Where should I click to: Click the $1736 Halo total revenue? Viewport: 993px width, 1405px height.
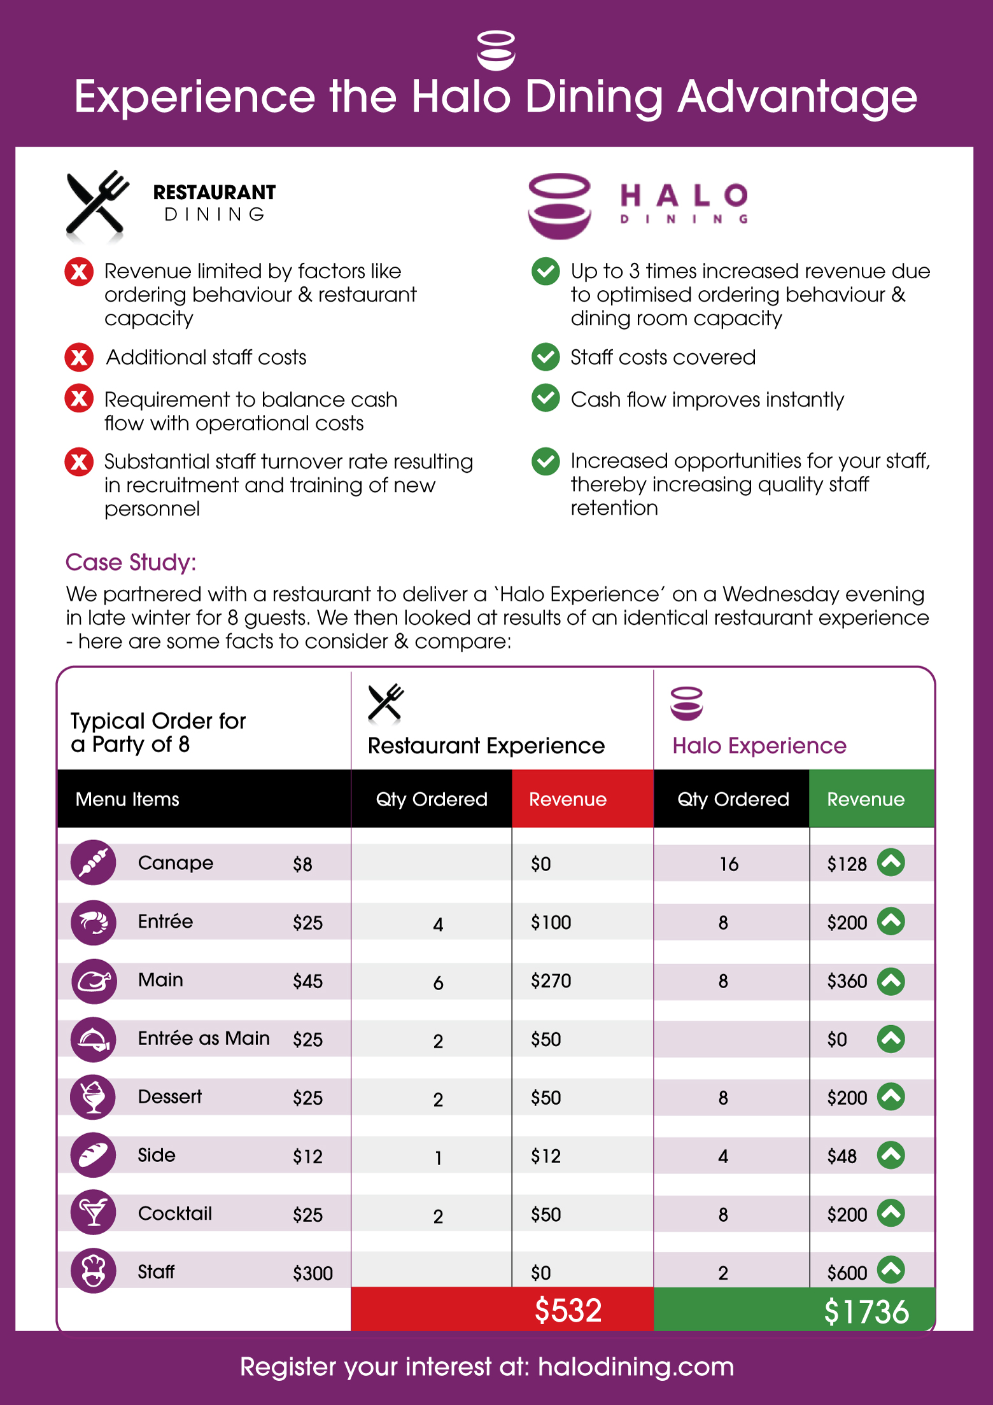pyautogui.click(x=866, y=1311)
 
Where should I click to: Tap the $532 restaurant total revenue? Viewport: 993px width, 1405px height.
pyautogui.click(x=568, y=1310)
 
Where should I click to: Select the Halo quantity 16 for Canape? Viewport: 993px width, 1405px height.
pyautogui.click(x=729, y=863)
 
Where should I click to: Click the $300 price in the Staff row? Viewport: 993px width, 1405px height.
pyautogui.click(x=313, y=1273)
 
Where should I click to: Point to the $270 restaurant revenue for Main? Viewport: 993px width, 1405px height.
pyautogui.click(x=551, y=981)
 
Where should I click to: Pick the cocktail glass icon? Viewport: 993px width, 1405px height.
pyautogui.click(x=94, y=1213)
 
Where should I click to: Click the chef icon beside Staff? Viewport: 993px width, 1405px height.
pyautogui.click(x=94, y=1271)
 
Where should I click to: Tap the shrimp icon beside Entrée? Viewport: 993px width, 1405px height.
pyautogui.click(x=94, y=922)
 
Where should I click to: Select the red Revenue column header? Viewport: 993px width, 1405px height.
pyautogui.click(x=568, y=799)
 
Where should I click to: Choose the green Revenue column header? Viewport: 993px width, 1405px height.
pyautogui.click(x=866, y=799)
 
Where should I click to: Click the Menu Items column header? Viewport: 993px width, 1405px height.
pyautogui.click(x=127, y=799)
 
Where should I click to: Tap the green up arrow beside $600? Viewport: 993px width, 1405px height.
pyautogui.click(x=891, y=1270)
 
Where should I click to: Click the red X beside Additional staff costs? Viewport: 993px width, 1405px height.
pyautogui.click(x=79, y=357)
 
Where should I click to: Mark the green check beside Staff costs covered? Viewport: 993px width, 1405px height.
pyautogui.click(x=546, y=357)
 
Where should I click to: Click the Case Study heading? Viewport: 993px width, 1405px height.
pyautogui.click(x=131, y=563)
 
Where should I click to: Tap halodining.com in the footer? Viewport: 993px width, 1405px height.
pyautogui.click(x=636, y=1367)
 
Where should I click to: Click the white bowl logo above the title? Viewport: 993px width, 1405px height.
pyautogui.click(x=496, y=50)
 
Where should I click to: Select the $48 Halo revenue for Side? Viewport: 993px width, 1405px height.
pyautogui.click(x=842, y=1156)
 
